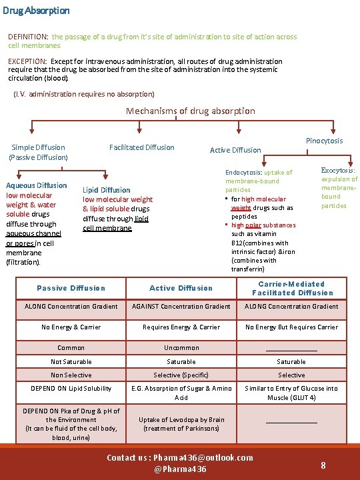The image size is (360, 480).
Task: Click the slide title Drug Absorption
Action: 36,11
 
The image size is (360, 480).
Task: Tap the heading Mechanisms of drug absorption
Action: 191,111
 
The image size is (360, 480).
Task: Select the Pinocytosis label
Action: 324,141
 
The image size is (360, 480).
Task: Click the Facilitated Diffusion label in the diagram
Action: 141,147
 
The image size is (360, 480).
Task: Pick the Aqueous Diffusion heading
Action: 36,185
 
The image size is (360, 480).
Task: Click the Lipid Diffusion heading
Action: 107,190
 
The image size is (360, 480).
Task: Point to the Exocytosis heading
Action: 338,171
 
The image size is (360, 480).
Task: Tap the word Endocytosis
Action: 244,172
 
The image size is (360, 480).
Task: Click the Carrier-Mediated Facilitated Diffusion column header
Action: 291,288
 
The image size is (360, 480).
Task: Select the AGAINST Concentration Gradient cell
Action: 181,307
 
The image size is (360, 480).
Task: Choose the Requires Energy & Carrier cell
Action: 181,327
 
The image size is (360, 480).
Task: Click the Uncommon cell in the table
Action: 181,347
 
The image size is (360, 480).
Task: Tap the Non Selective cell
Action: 71,375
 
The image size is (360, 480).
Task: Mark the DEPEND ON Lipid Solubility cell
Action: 71,389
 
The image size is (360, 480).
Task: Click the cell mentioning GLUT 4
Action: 291,393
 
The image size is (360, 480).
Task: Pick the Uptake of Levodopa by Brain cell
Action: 181,424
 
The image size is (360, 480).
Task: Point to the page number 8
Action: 323,465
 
